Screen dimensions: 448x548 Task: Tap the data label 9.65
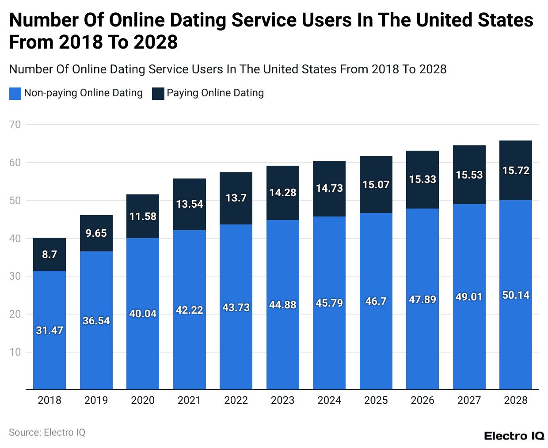pyautogui.click(x=96, y=233)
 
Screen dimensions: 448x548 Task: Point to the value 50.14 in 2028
pyautogui.click(x=516, y=295)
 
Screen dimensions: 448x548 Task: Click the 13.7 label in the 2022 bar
pyautogui.click(x=236, y=198)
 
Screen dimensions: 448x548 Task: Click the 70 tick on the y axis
pyautogui.click(x=15, y=125)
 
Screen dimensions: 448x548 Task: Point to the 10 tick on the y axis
pyautogui.click(x=15, y=352)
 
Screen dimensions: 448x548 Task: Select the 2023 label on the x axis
pyautogui.click(x=282, y=400)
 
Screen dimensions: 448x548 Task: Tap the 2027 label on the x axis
pyautogui.click(x=469, y=400)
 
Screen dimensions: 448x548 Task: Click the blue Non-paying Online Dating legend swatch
pyautogui.click(x=15, y=93)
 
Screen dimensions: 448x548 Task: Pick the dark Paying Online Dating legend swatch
pyautogui.click(x=158, y=93)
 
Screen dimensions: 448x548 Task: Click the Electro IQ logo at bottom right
pyautogui.click(x=514, y=436)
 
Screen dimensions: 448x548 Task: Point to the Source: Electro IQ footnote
pyautogui.click(x=47, y=433)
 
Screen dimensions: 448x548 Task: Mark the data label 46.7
pyautogui.click(x=376, y=301)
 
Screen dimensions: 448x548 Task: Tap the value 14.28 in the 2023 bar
pyautogui.click(x=282, y=193)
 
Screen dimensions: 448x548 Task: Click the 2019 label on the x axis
pyautogui.click(x=96, y=400)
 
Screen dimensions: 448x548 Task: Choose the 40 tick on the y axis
pyautogui.click(x=15, y=239)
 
